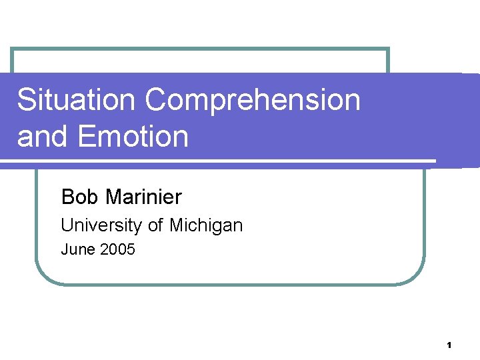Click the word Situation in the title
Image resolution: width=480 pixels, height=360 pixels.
click(77, 100)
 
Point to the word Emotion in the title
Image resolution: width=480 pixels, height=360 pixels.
click(133, 136)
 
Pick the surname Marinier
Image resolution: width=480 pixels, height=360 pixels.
click(143, 197)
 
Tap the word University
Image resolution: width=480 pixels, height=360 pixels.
click(101, 225)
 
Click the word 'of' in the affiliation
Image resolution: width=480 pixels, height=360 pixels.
click(155, 225)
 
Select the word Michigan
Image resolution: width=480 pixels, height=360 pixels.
click(206, 225)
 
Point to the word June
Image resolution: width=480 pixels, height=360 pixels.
click(77, 250)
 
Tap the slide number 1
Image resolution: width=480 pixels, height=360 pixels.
click(449, 345)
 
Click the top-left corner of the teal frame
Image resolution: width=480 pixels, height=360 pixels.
click(13, 49)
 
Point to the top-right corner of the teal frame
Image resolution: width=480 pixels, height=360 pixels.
click(387, 49)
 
